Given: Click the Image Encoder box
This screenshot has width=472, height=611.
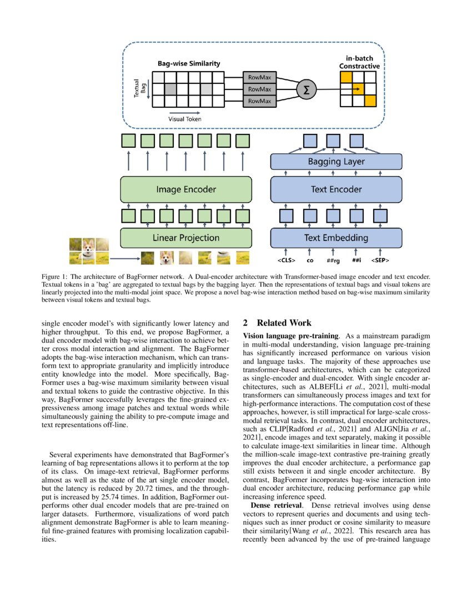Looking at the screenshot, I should click(186, 189).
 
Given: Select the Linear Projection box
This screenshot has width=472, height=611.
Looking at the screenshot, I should click(186, 238).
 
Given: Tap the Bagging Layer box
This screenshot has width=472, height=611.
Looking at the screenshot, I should click(336, 162).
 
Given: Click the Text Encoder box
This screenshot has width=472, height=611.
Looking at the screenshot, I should click(336, 189).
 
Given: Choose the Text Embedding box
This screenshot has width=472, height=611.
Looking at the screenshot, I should click(336, 238).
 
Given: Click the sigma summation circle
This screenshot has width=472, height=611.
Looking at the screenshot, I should click(305, 89).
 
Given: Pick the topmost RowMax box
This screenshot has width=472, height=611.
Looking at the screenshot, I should click(259, 78).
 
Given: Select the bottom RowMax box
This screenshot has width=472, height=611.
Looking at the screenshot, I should click(259, 101).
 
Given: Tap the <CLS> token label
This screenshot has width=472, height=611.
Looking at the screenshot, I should click(287, 259).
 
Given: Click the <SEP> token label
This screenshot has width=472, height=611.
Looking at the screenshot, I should click(380, 259).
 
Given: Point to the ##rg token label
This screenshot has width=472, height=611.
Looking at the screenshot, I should click(333, 259).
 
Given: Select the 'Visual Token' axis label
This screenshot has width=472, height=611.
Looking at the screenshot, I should click(185, 119).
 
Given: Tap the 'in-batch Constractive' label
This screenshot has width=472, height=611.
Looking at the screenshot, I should click(359, 62).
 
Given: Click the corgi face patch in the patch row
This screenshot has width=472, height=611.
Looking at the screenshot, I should click(167, 257).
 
